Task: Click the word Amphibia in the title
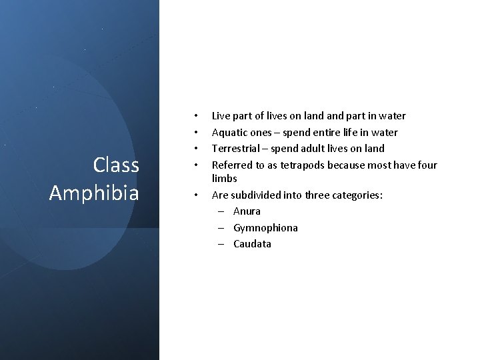coord(94,193)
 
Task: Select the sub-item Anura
coord(247,211)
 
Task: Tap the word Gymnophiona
coord(265,228)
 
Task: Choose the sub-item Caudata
coord(252,244)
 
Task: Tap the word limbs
coord(224,179)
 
